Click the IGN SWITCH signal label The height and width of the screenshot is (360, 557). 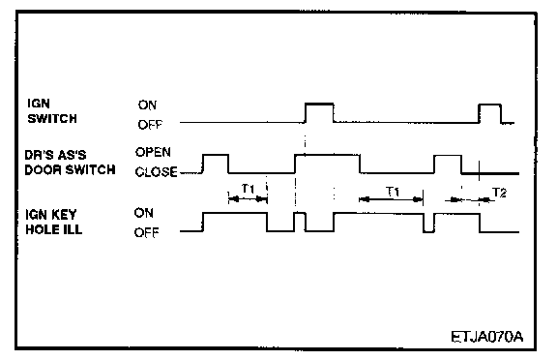[52, 111]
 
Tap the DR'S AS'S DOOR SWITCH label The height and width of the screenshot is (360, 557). [70, 163]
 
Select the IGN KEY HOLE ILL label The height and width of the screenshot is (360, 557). [53, 223]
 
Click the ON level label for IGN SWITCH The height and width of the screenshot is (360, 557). [147, 105]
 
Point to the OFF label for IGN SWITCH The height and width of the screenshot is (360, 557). [150, 125]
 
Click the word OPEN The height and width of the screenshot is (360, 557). [153, 152]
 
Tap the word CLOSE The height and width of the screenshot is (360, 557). [156, 172]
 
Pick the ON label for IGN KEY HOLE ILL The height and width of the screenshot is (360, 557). [144, 213]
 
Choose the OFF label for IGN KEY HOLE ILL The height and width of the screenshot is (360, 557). [146, 233]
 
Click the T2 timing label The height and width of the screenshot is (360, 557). [499, 193]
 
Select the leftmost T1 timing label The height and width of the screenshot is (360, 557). [248, 189]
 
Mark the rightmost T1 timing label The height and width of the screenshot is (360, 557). [393, 192]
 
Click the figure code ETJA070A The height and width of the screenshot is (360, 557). [487, 337]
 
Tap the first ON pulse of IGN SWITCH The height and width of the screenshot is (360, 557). [319, 105]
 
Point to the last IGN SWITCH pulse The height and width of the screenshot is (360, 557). [490, 105]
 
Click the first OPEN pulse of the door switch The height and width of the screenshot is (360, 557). [216, 155]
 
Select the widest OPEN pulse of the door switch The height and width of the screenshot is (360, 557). [327, 155]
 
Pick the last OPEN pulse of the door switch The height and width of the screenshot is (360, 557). [448, 156]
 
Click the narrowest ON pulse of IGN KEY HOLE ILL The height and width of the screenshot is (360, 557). [300, 213]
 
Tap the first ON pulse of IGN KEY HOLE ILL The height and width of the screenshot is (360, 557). [234, 213]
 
